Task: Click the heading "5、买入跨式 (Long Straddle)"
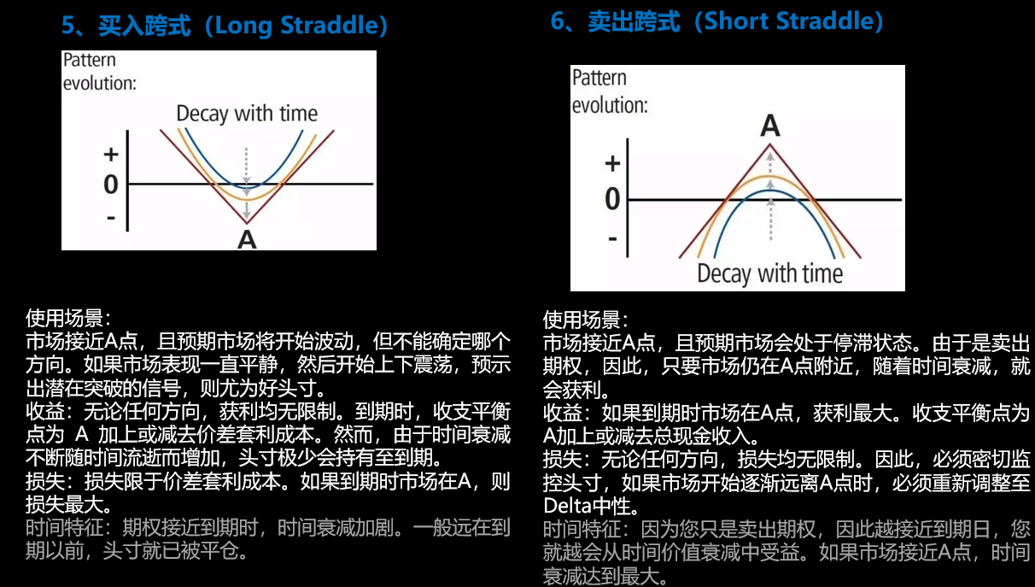pyautogui.click(x=225, y=26)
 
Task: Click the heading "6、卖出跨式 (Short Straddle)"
pyautogui.click(x=717, y=21)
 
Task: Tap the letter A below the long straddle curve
pyautogui.click(x=247, y=240)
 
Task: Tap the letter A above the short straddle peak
pyautogui.click(x=770, y=126)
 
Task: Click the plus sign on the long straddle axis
pyautogui.click(x=111, y=155)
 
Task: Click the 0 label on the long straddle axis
pyautogui.click(x=111, y=185)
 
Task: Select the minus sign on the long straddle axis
pyautogui.click(x=111, y=217)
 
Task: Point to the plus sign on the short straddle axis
pyautogui.click(x=612, y=163)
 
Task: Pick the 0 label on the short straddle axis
pyautogui.click(x=612, y=199)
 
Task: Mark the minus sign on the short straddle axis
pyautogui.click(x=612, y=238)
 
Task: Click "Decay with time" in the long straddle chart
pyautogui.click(x=247, y=114)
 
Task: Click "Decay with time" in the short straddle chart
pyautogui.click(x=769, y=273)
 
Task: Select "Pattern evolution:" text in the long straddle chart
pyautogui.click(x=99, y=72)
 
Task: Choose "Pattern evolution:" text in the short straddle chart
pyautogui.click(x=610, y=91)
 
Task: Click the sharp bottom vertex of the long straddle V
pyautogui.click(x=247, y=224)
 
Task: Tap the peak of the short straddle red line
pyautogui.click(x=769, y=145)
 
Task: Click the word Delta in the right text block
pyautogui.click(x=567, y=506)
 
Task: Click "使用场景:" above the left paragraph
pyautogui.click(x=68, y=319)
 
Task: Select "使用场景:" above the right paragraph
pyautogui.click(x=586, y=320)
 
